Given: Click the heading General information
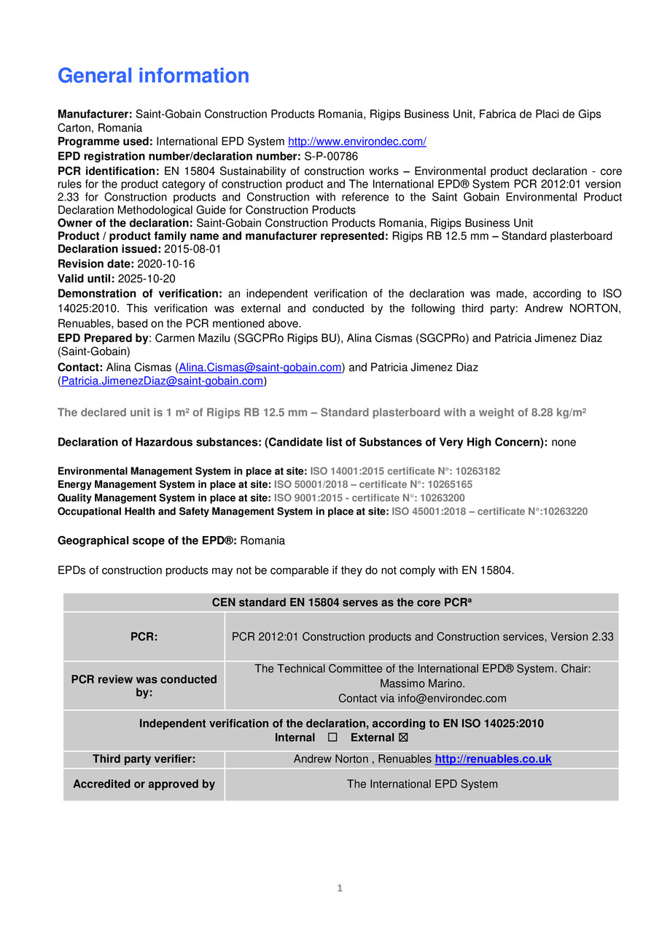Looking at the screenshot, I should (153, 76).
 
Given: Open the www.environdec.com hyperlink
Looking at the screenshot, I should (357, 141).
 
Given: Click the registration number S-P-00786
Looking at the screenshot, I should (331, 156).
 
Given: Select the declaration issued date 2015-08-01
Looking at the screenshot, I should (192, 249).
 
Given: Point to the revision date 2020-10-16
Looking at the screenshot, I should (165, 264).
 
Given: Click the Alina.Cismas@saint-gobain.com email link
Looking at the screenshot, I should (260, 368).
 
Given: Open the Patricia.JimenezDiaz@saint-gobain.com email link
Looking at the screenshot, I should (162, 381).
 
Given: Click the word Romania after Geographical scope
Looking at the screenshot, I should (262, 541).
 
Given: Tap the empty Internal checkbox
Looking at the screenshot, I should (333, 738).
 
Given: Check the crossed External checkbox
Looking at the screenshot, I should (404, 738).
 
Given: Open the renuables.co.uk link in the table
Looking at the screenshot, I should (493, 760).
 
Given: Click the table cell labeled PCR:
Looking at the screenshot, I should (144, 637).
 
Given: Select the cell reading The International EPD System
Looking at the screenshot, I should (422, 785).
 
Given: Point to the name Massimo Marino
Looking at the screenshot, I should (422, 684).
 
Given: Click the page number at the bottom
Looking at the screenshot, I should (339, 888).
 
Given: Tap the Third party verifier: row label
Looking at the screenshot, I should (144, 760).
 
